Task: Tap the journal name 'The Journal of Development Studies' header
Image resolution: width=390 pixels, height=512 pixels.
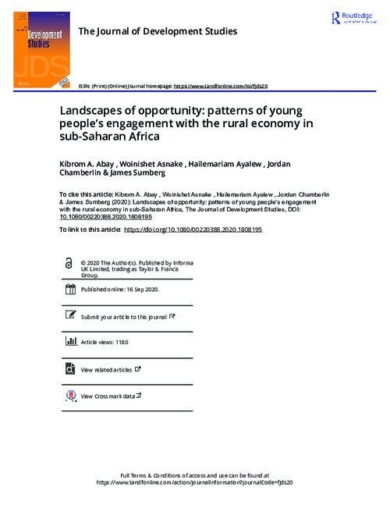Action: (x=158, y=30)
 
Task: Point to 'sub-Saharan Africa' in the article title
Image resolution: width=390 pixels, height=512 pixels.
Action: (x=112, y=137)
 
